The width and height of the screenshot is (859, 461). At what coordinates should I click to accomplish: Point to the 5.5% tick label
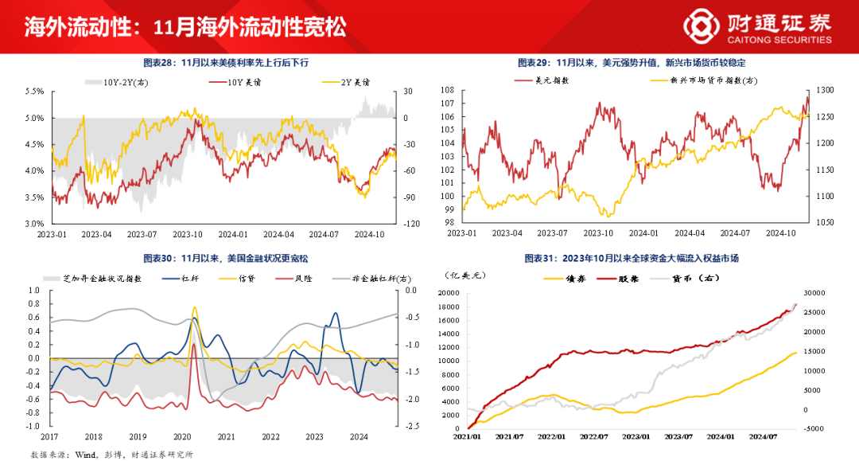pos(34,92)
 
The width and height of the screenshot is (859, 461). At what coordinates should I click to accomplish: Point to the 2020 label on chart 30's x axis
pos(182,436)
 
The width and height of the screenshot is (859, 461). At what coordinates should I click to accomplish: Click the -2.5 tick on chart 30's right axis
pos(411,426)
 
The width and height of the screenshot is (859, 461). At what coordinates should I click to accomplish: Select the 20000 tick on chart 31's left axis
pos(449,293)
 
